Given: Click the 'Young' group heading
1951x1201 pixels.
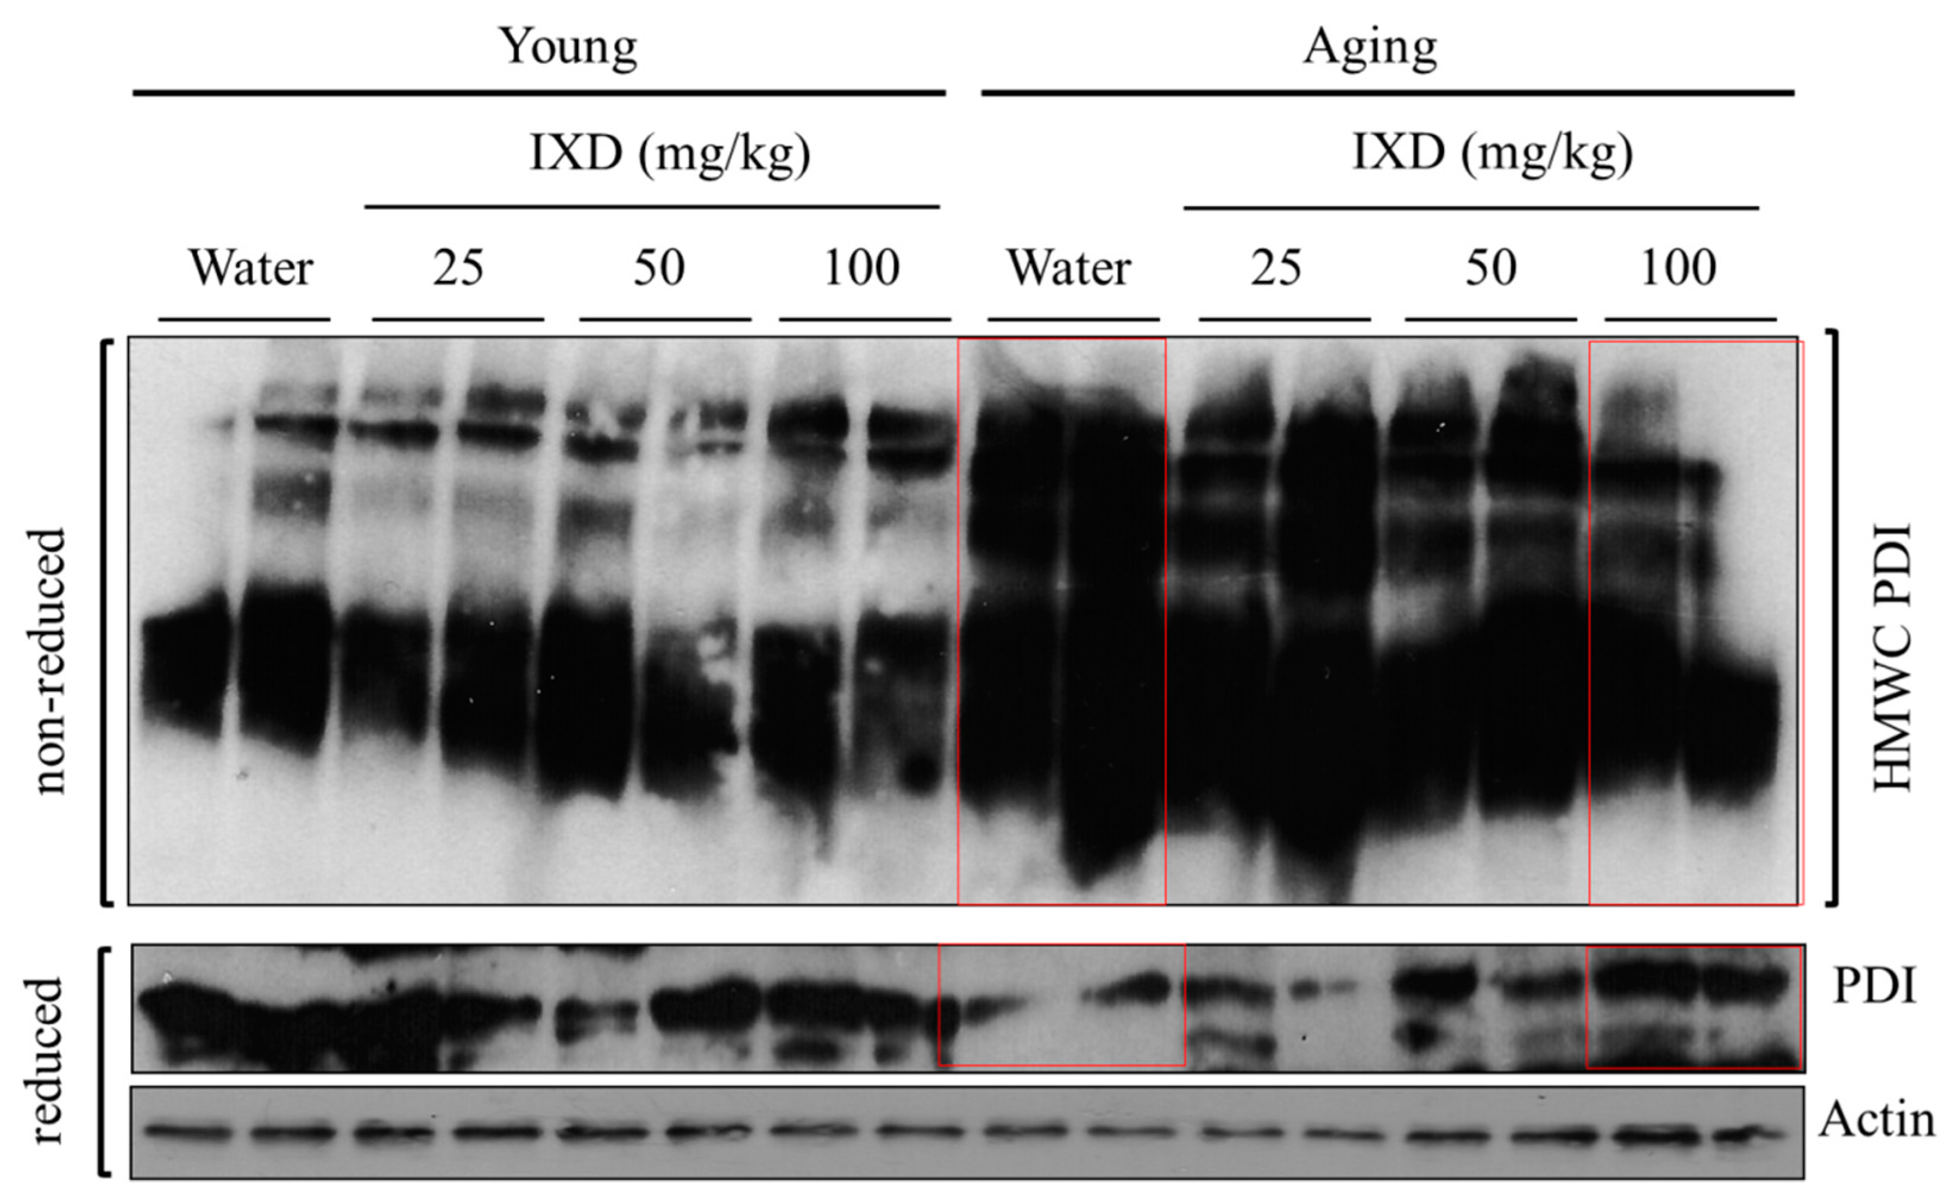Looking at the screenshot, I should coord(567,48).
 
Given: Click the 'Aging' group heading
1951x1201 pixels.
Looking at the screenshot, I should coord(1370,48).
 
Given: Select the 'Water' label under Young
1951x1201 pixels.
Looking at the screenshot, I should coord(251,269).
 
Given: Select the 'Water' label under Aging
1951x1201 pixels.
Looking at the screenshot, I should coord(1069,269).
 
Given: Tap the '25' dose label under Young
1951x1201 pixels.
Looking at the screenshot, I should coord(458,269).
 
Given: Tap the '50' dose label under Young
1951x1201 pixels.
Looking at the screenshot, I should coord(659,269).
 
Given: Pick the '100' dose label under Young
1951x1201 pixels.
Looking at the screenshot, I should coord(862,269).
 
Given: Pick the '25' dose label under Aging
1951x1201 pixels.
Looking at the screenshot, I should coord(1276,269).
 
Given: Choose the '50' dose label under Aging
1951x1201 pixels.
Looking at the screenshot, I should coord(1490,269).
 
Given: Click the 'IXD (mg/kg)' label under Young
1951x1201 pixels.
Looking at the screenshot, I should coord(670,153).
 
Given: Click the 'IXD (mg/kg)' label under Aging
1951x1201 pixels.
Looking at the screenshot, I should coord(1492,153).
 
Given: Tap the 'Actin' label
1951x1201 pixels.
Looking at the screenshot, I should coord(1876,1120).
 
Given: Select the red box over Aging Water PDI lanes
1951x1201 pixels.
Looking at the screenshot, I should coord(1061,1005).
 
